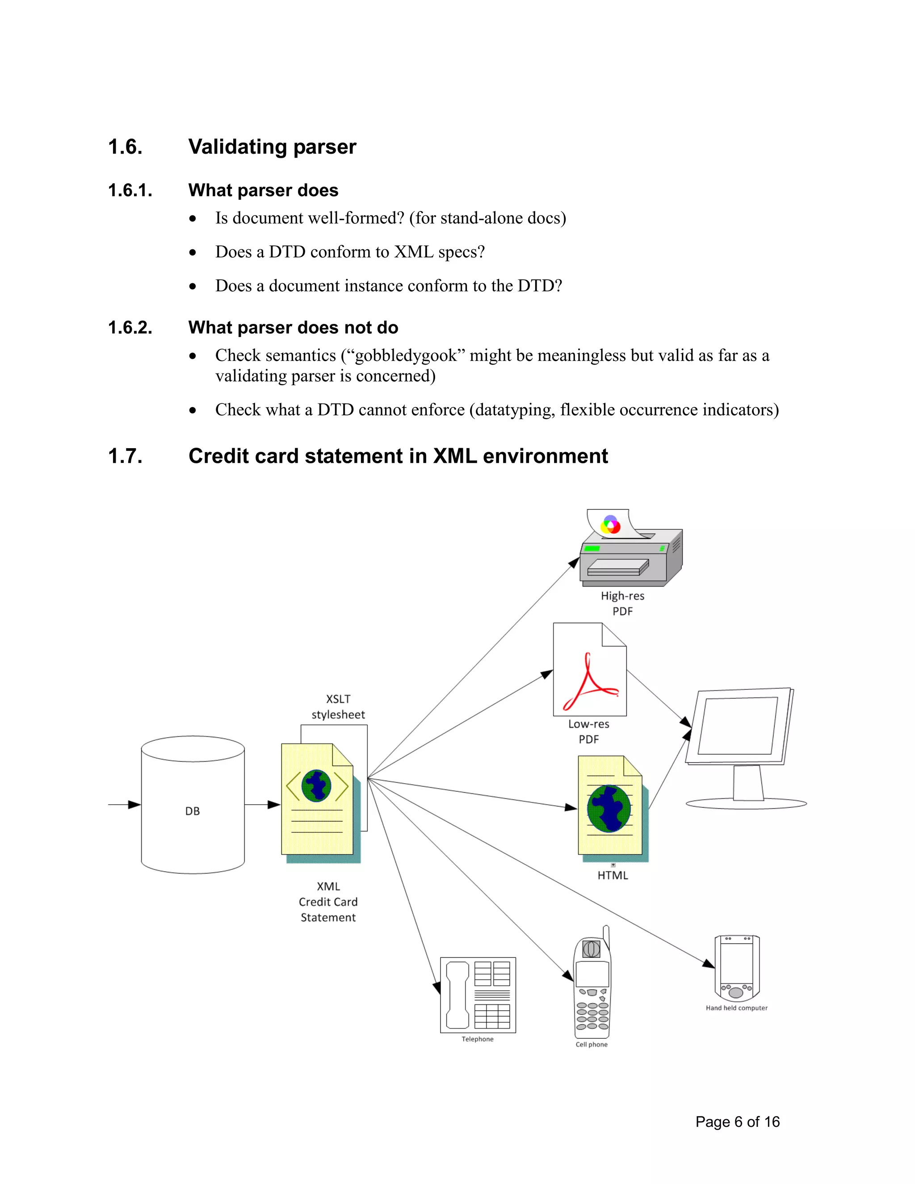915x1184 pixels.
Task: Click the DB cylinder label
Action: coord(193,811)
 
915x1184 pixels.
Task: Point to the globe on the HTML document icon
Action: coord(609,808)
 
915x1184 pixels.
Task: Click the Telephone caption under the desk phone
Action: coord(478,1039)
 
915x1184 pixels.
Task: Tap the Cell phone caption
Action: coord(592,1045)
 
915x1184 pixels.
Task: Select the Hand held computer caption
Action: coord(736,1008)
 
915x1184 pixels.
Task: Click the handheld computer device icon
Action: coord(737,968)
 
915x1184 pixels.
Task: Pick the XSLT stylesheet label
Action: coord(338,706)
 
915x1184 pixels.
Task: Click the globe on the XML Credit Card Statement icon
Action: coord(317,785)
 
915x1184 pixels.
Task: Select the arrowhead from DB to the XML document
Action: coord(274,805)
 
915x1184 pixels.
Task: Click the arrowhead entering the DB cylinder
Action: coord(134,805)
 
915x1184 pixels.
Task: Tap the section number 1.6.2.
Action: coord(130,327)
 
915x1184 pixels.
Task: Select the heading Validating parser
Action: coord(272,147)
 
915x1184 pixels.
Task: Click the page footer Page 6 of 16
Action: coord(737,1121)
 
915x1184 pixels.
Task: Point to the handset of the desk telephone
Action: coord(457,995)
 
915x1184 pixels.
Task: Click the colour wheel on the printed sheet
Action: coord(611,524)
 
